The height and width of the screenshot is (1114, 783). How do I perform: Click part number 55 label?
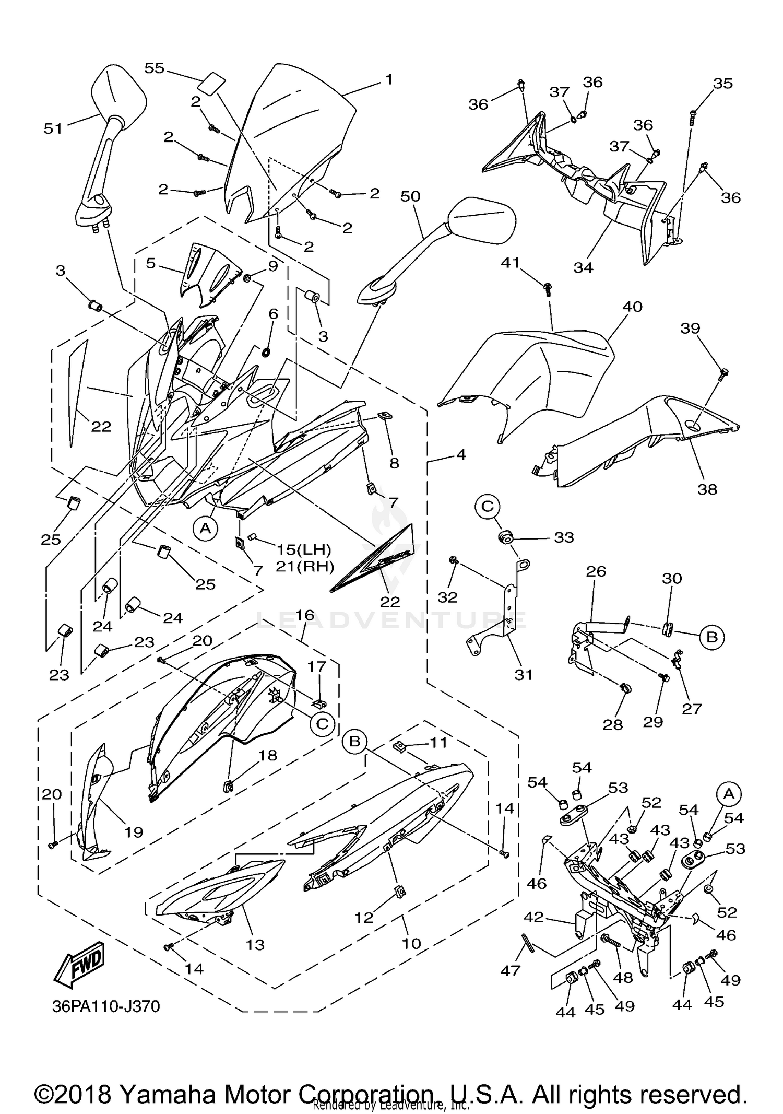(155, 68)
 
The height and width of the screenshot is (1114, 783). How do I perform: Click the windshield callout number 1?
(388, 79)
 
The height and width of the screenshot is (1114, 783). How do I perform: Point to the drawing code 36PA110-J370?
(105, 1006)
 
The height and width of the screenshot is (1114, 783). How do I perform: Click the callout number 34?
(583, 267)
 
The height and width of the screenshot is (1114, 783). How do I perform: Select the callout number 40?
(632, 307)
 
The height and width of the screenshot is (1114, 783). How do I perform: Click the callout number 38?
(707, 489)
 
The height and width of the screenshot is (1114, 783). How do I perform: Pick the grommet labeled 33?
(505, 537)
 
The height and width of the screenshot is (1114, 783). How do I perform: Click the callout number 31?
(524, 674)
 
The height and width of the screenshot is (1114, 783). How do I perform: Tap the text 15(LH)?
(304, 549)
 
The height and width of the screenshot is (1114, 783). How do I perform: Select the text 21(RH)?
(304, 566)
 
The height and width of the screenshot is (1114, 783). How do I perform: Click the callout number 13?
(255, 944)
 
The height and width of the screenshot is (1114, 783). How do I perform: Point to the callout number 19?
(133, 831)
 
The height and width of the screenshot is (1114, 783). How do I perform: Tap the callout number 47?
(510, 970)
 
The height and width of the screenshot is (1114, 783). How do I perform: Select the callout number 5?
(150, 263)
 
